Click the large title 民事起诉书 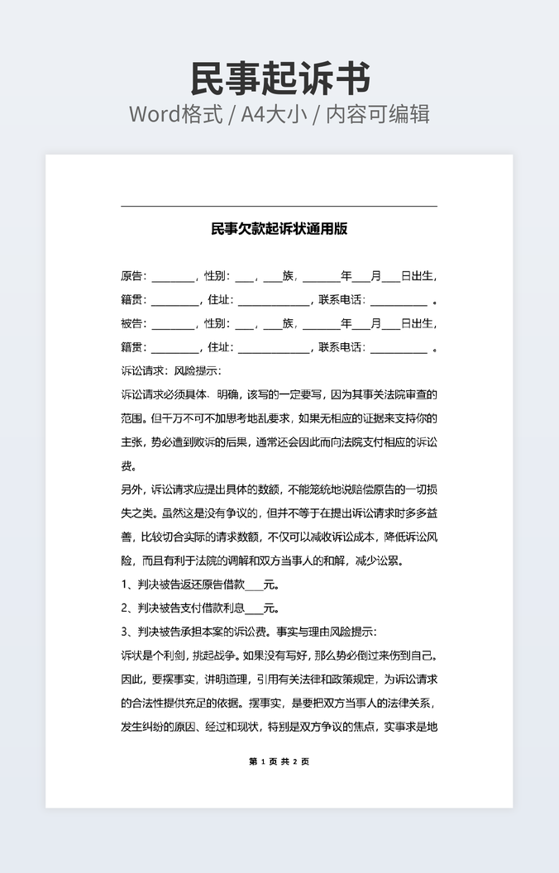(x=279, y=79)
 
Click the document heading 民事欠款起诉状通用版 (x=279, y=228)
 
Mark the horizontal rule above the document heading (x=279, y=206)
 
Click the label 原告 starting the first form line (x=132, y=276)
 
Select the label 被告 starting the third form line (x=132, y=323)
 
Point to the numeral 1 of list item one (x=124, y=584)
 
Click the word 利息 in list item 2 (x=234, y=608)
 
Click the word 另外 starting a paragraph (x=132, y=489)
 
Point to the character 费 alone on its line (x=127, y=465)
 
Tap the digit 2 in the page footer (x=294, y=761)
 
